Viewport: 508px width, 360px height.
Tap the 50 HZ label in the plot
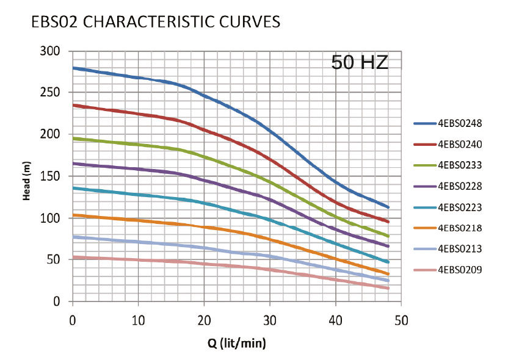(360, 63)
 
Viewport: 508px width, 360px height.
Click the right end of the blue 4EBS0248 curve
(388, 207)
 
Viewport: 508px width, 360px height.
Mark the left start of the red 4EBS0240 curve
(73, 105)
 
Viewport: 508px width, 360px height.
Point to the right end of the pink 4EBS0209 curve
(388, 288)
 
